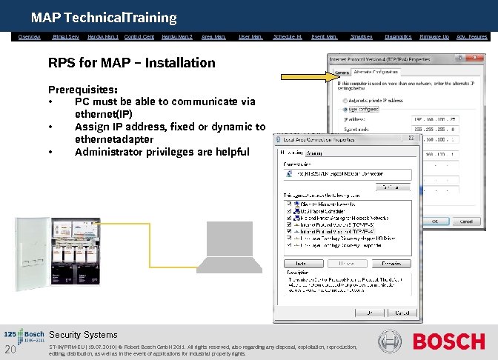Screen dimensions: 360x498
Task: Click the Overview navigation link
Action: [x=30, y=36]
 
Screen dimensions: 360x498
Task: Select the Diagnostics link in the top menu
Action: [x=398, y=36]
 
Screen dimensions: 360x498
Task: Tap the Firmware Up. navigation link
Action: [x=434, y=36]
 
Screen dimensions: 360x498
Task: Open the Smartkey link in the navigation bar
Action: [x=361, y=36]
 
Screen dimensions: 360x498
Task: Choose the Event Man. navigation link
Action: [x=324, y=36]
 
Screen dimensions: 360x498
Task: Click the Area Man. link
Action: [x=213, y=36]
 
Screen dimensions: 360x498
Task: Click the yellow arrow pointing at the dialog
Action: [x=304, y=75]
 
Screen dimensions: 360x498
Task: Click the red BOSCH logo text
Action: [x=448, y=341]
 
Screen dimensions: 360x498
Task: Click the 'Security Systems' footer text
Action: [x=83, y=335]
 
